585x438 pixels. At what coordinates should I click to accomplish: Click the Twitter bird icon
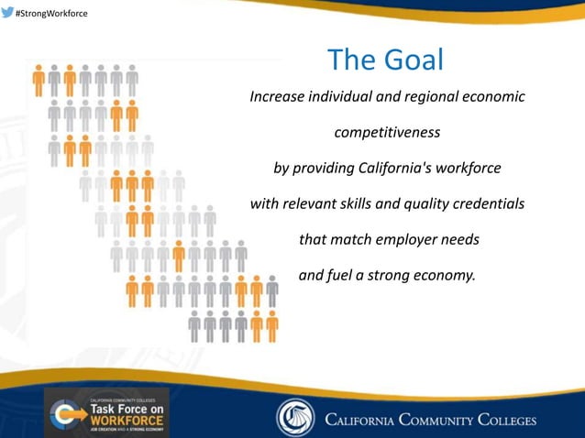click(8, 12)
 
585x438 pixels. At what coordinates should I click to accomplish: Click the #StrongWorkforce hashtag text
click(52, 13)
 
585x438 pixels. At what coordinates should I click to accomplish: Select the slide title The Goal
click(385, 60)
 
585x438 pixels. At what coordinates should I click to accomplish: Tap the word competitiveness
click(387, 133)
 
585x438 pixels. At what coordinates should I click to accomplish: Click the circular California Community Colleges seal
click(295, 418)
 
